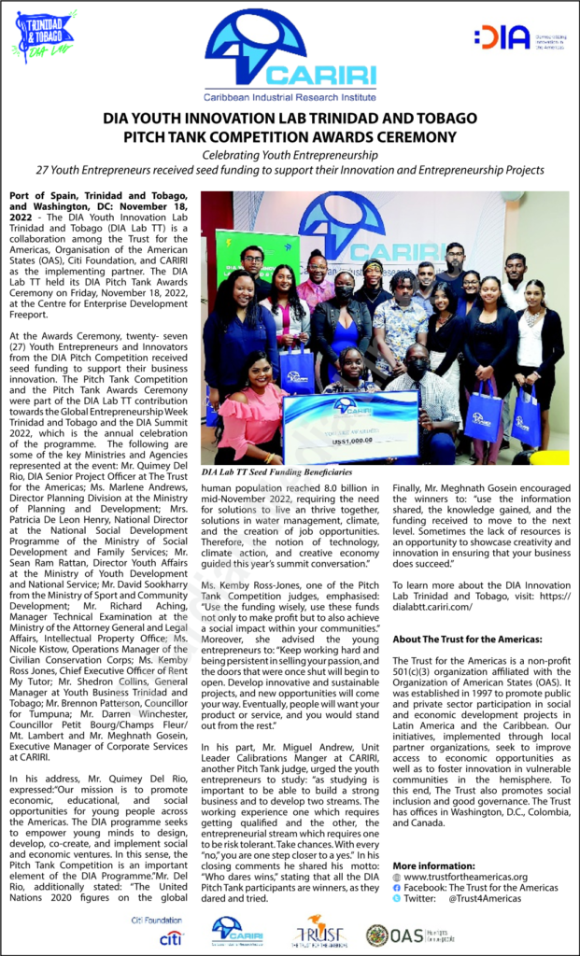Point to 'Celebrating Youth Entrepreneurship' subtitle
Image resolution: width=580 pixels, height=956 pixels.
(x=290, y=155)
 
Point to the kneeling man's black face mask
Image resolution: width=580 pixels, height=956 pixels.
(x=417, y=364)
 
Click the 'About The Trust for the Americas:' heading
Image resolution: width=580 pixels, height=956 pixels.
(x=467, y=639)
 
